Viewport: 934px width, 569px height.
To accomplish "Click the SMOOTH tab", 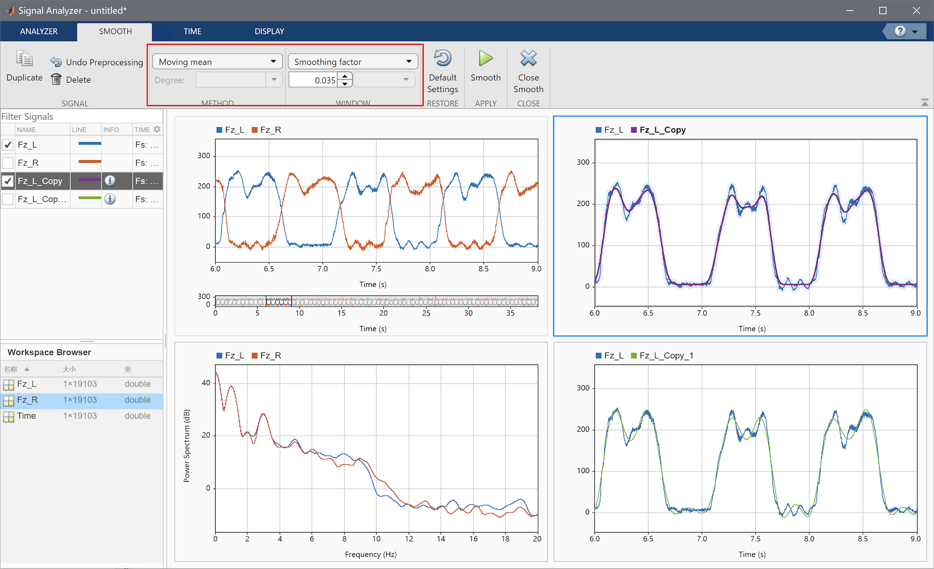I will tap(115, 31).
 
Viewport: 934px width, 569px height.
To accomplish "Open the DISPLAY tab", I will tap(269, 31).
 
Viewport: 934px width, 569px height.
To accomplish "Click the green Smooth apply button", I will tap(485, 59).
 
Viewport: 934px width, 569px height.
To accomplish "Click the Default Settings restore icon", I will tap(442, 58).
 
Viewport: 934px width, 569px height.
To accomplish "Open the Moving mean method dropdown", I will tap(217, 62).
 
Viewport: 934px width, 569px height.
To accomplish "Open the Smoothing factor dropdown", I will tap(353, 62).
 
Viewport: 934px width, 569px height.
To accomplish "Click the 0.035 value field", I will tap(313, 80).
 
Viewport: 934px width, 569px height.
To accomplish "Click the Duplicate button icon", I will tap(24, 59).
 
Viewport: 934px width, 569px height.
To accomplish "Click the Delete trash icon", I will tap(56, 79).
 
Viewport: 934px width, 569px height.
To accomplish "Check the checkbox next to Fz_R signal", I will tap(8, 163).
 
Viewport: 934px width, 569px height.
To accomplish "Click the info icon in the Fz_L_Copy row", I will tap(110, 181).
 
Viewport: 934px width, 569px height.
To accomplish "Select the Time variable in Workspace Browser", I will tap(26, 416).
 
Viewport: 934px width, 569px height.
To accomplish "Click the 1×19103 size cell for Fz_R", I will tap(80, 400).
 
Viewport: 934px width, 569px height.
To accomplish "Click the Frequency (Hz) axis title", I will tap(371, 554).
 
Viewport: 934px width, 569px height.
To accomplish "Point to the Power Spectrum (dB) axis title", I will tap(187, 446).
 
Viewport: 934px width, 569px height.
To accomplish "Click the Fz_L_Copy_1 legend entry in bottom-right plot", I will tap(666, 356).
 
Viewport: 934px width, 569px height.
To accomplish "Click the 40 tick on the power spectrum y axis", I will tap(206, 383).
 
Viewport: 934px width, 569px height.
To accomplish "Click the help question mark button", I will tap(900, 32).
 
